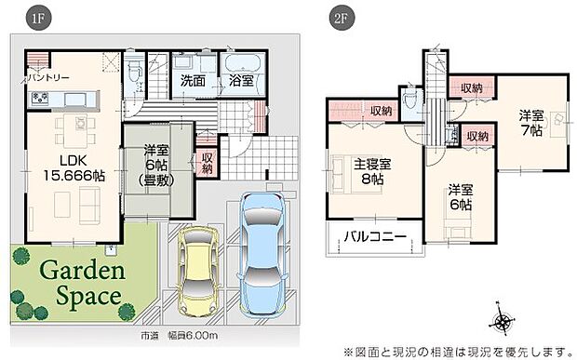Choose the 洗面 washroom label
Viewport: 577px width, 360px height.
tap(195, 82)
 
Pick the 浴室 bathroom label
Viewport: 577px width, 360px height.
tap(241, 82)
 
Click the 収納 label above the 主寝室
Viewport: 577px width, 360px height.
tap(380, 112)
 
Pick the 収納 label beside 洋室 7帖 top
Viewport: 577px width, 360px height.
tap(471, 87)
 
